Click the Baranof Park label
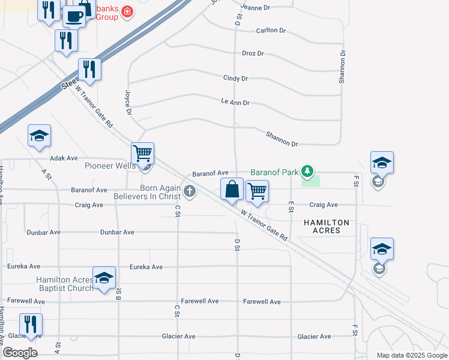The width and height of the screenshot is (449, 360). click(274, 172)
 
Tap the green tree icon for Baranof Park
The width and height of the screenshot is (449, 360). click(307, 172)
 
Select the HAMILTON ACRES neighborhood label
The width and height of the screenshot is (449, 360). click(327, 226)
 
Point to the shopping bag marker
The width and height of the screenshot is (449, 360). click(232, 190)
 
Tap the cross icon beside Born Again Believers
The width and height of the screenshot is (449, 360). click(190, 192)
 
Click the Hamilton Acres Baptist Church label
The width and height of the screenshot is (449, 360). click(65, 284)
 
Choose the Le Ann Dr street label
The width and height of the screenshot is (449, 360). click(235, 103)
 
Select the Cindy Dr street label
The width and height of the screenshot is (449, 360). click(235, 79)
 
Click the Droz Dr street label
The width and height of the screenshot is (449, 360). click(252, 53)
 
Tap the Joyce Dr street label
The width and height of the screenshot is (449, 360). click(128, 102)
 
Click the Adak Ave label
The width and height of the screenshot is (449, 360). click(64, 158)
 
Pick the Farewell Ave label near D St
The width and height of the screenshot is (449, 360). click(262, 302)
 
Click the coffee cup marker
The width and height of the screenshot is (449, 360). click(74, 16)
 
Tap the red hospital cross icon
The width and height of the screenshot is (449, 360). click(127, 11)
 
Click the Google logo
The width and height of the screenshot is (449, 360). click(20, 353)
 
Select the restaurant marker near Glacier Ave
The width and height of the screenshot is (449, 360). click(30, 324)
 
